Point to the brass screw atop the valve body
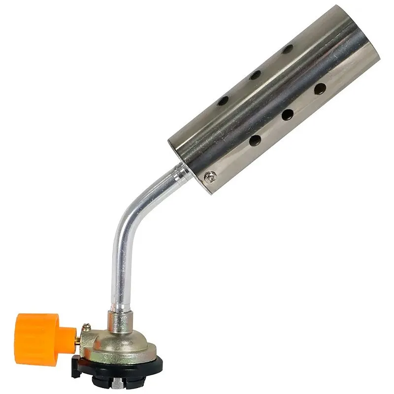point(88,325)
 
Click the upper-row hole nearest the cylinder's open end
point(287,49)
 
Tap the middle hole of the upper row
point(255,75)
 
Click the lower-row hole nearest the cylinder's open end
point(320,89)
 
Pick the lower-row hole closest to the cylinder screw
point(255,141)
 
